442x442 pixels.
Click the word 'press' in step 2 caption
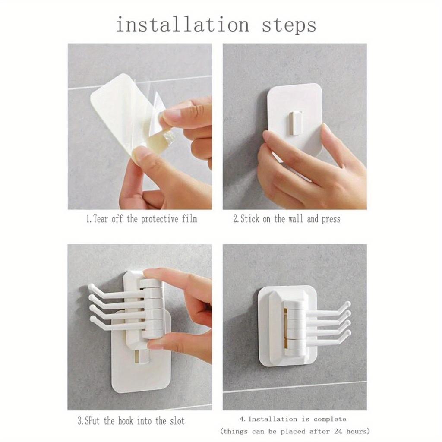coord(330,219)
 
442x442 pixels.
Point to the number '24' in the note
coord(333,431)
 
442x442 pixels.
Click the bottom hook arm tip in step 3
coord(92,320)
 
